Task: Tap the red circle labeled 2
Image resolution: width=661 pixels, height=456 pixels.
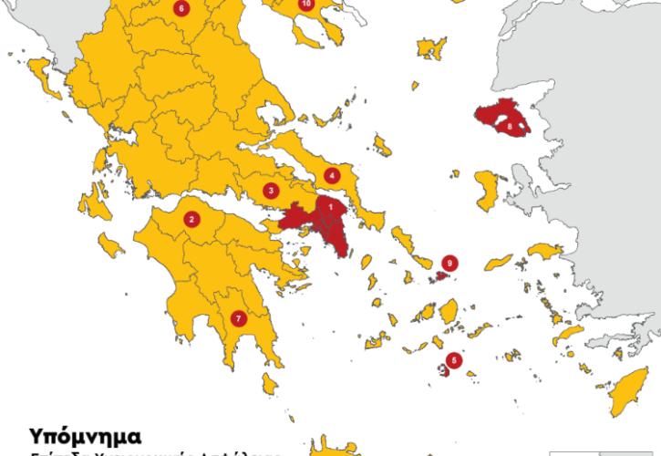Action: pos(191,219)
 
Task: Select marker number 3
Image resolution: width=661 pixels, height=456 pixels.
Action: pos(270,191)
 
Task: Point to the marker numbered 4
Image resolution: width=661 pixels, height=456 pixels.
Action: pos(332,175)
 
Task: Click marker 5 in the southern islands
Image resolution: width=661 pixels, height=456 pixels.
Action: pos(455,359)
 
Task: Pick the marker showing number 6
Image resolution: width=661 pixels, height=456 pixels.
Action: pos(181,9)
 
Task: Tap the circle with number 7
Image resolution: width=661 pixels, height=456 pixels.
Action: pos(239,318)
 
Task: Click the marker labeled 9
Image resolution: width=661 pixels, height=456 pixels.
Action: pos(448,264)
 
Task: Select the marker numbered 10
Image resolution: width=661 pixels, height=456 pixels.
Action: pos(305,5)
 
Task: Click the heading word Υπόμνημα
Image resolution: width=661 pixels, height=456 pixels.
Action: pos(85,433)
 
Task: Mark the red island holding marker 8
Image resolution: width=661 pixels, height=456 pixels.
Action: pos(494,118)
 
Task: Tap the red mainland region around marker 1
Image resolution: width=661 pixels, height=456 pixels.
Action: pos(305,220)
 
